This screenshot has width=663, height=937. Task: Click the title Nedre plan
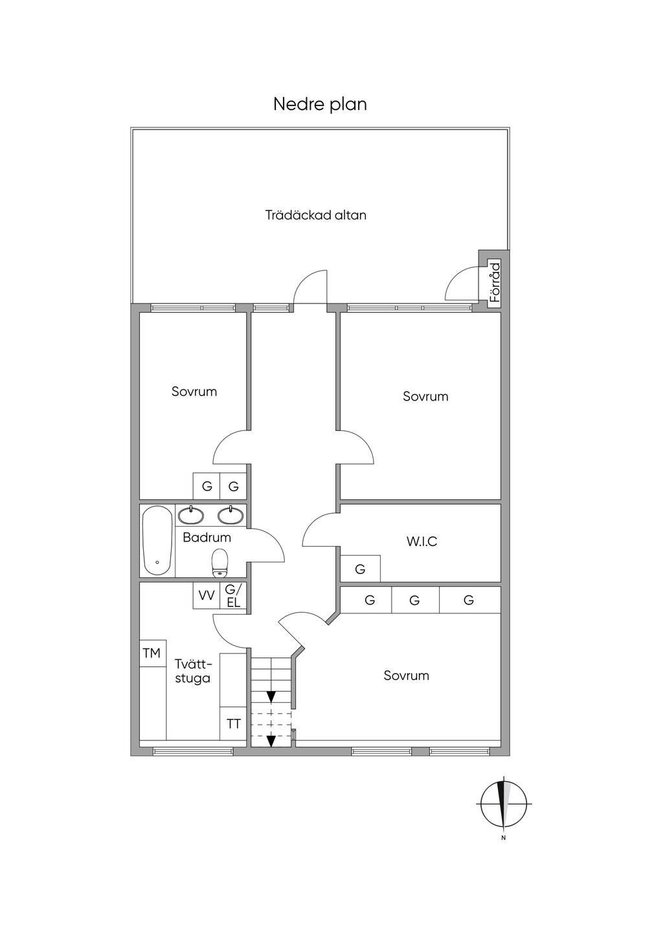pyautogui.click(x=320, y=105)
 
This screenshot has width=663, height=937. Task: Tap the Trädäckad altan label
pyautogui.click(x=316, y=215)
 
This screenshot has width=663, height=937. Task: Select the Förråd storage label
pyautogui.click(x=495, y=282)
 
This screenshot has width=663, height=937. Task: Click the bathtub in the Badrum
pyautogui.click(x=157, y=541)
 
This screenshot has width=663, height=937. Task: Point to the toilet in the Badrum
pyautogui.click(x=219, y=563)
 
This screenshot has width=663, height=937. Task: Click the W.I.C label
pyautogui.click(x=422, y=542)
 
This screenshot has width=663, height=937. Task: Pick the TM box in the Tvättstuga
pyautogui.click(x=153, y=653)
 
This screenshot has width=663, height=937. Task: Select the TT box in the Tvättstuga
pyautogui.click(x=233, y=723)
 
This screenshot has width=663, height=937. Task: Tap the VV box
pyautogui.click(x=207, y=595)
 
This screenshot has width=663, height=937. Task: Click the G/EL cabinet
pyautogui.click(x=233, y=595)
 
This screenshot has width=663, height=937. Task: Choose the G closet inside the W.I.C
pyautogui.click(x=361, y=568)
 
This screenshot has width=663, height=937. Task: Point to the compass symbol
pyautogui.click(x=504, y=804)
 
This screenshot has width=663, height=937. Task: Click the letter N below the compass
pyautogui.click(x=504, y=837)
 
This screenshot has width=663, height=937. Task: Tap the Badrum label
pyautogui.click(x=207, y=537)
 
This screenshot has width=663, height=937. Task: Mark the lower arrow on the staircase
pyautogui.click(x=271, y=741)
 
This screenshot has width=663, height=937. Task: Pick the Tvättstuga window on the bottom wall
pyautogui.click(x=193, y=751)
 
